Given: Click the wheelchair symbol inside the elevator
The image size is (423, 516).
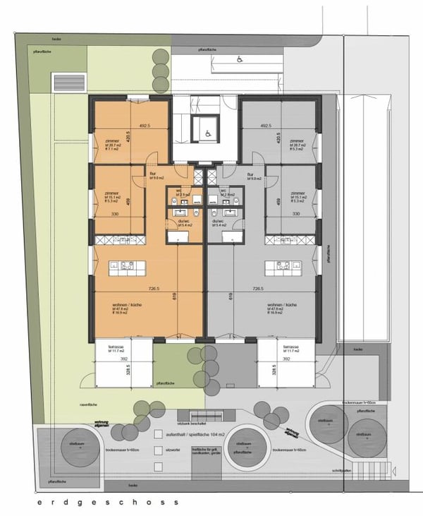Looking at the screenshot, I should (x=207, y=131).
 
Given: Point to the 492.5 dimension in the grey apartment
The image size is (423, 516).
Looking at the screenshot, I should (x=265, y=126).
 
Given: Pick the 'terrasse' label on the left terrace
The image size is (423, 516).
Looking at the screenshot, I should (x=116, y=348).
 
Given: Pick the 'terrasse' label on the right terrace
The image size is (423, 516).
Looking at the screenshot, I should (x=291, y=348).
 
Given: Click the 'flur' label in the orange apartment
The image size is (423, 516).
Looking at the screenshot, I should (x=152, y=174).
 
